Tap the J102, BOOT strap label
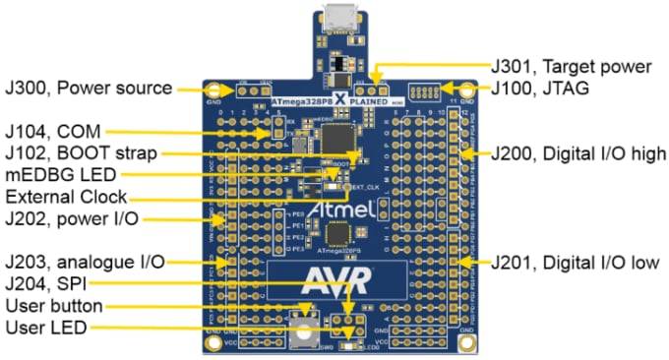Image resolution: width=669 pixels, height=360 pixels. (x=80, y=152)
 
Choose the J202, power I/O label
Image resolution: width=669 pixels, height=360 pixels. (x=68, y=219)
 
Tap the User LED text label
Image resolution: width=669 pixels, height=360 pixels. (x=43, y=327)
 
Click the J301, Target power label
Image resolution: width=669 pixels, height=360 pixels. (x=571, y=67)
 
